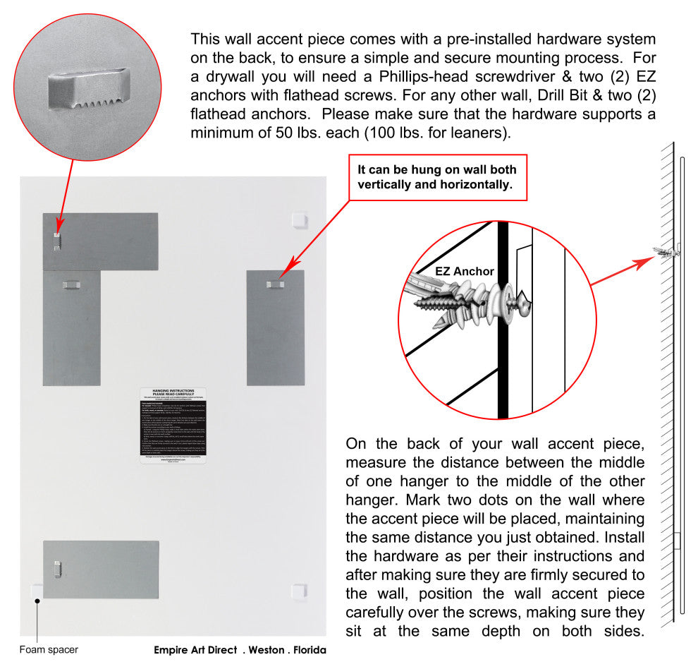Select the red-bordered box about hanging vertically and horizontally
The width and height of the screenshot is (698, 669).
(x=437, y=177)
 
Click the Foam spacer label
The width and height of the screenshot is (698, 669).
(x=48, y=650)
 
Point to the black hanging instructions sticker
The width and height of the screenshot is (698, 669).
(x=173, y=425)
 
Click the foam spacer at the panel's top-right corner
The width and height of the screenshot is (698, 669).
(x=299, y=220)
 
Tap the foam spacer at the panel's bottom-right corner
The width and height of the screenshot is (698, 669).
(x=299, y=591)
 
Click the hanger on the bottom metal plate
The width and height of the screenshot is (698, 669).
(x=59, y=568)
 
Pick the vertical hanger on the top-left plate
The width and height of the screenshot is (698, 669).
(x=58, y=241)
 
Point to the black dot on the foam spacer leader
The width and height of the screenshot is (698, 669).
(x=36, y=600)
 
